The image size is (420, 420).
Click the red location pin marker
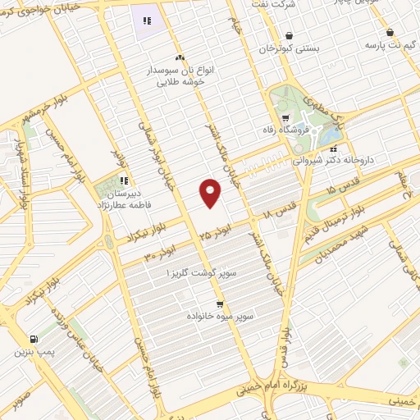click(x=212, y=193)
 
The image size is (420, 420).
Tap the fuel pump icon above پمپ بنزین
click(x=33, y=339)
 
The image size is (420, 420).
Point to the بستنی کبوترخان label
click(x=288, y=49)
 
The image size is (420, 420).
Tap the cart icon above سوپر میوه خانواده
click(x=219, y=304)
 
